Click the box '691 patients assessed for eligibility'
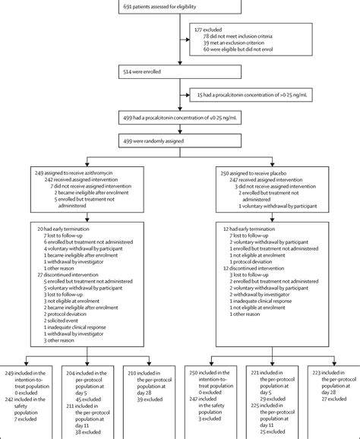coord(180,7)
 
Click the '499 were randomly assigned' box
coord(180,141)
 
